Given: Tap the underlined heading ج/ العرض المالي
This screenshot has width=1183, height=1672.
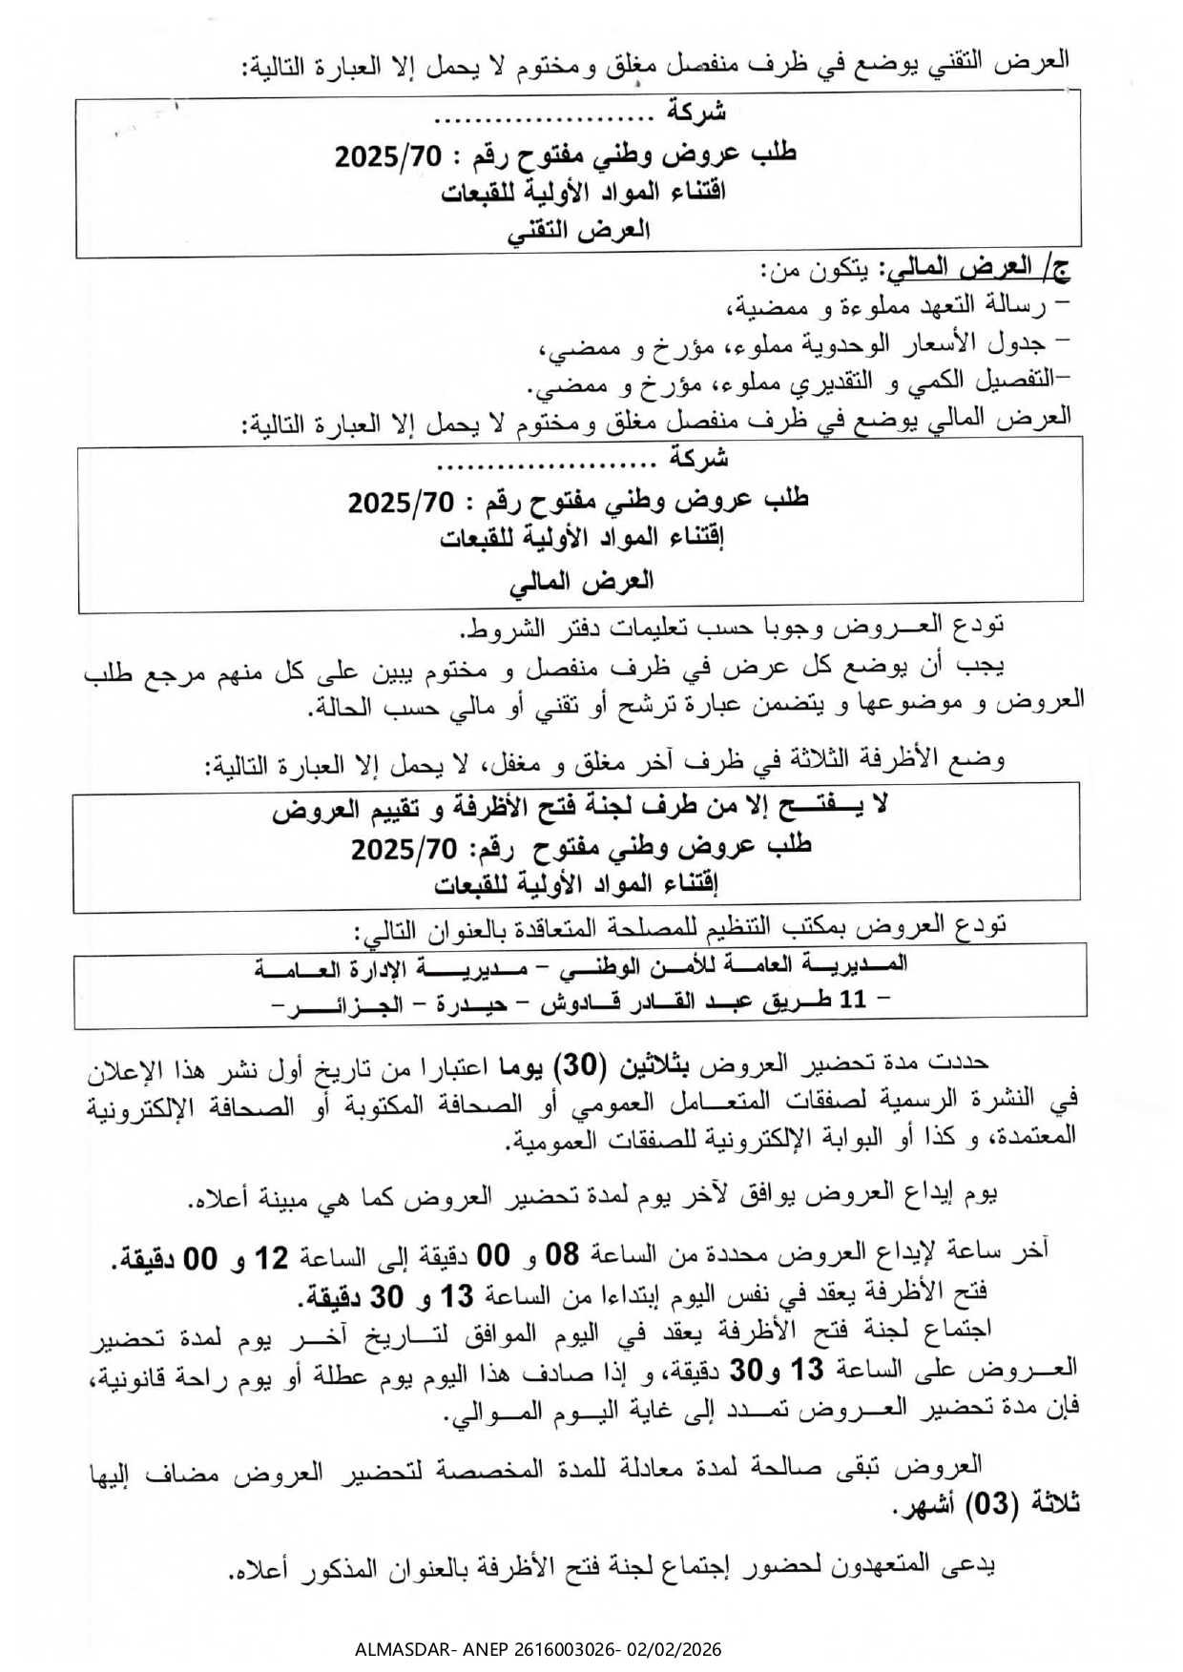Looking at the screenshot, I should [978, 270].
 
